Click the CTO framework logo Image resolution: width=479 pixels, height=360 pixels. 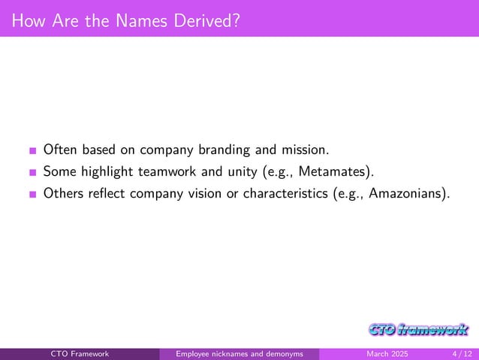click(419, 329)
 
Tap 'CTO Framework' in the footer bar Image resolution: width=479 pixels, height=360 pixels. click(80, 354)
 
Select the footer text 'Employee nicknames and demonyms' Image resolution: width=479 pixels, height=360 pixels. click(239, 354)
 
